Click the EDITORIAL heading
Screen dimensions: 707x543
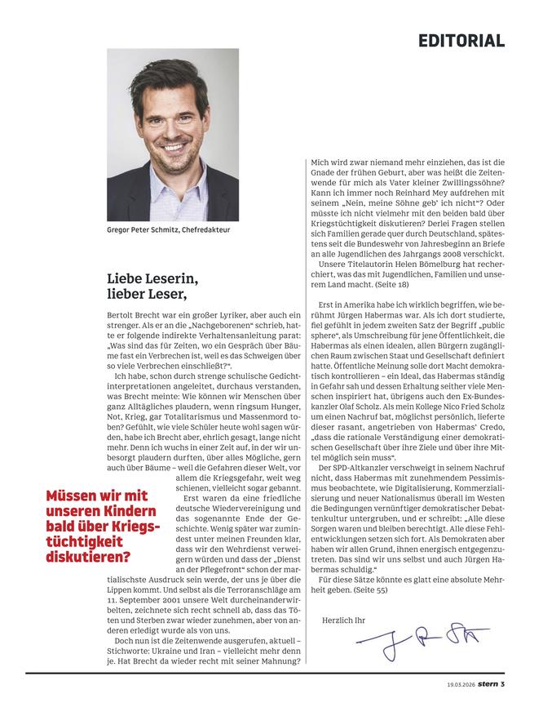coord(461,40)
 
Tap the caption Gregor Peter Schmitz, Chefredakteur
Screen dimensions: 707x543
coord(169,230)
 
